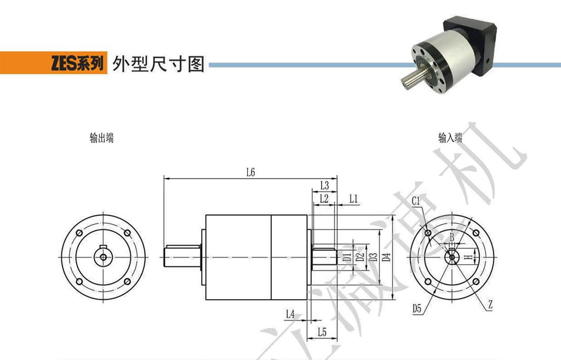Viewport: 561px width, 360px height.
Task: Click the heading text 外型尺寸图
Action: (x=158, y=64)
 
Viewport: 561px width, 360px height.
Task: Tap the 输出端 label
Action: (x=101, y=138)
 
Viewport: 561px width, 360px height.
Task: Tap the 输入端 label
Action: (x=450, y=138)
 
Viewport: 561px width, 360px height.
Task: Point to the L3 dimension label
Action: (x=324, y=185)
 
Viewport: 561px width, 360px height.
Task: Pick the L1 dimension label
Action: (x=353, y=198)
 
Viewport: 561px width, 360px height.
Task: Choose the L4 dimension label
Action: (x=290, y=314)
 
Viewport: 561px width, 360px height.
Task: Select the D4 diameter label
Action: (x=386, y=258)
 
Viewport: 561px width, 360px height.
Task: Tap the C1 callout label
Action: (x=416, y=201)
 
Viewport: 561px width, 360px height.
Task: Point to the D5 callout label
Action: (x=417, y=309)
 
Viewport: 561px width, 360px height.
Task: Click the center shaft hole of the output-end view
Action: (x=103, y=257)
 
